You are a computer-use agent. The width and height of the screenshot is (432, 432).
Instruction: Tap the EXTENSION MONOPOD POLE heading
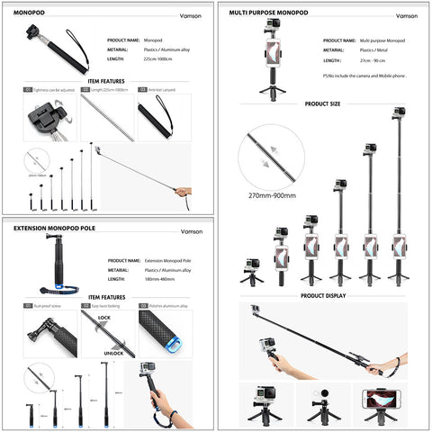click(51, 229)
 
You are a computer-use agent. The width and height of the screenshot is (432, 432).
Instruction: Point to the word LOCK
click(105, 319)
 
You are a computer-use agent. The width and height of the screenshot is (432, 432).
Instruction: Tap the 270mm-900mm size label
click(274, 193)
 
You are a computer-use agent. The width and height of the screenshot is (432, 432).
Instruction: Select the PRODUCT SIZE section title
click(322, 103)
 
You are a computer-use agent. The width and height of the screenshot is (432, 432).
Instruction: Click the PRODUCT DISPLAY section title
click(321, 294)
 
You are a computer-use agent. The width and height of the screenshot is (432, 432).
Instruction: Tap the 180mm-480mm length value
click(161, 277)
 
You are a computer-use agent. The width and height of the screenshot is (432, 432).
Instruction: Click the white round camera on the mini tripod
click(320, 397)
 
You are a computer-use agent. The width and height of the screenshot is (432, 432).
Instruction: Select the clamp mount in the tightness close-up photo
click(44, 121)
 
